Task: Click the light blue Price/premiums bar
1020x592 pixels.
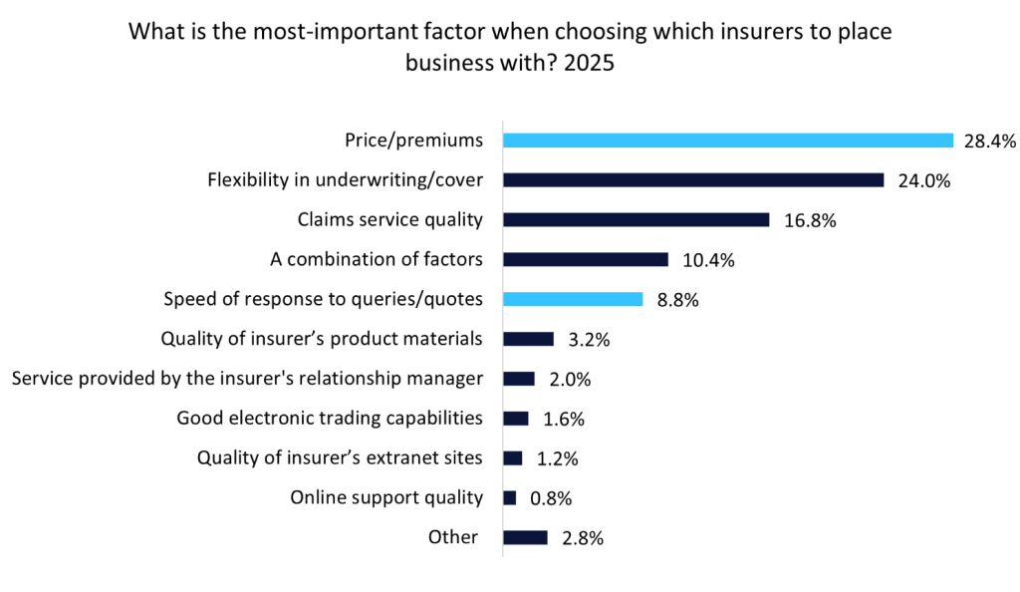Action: point(727,141)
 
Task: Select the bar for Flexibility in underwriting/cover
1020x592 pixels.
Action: point(693,180)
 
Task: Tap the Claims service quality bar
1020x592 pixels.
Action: point(636,220)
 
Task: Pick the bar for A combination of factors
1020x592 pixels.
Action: point(585,260)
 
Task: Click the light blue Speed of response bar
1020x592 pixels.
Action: point(573,299)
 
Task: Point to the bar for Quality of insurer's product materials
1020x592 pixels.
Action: point(528,339)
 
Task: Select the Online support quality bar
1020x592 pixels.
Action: point(510,497)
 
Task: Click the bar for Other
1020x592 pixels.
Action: point(525,537)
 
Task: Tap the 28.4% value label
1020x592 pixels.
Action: point(989,142)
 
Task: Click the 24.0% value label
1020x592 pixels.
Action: point(924,181)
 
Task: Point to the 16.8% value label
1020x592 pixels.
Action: point(809,221)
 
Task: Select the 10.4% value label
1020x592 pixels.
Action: point(707,261)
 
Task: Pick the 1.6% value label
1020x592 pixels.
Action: point(563,420)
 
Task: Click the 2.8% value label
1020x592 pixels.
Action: point(582,538)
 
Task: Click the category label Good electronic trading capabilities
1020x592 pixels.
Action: point(330,419)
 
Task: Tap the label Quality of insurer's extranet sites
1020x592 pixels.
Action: point(340,458)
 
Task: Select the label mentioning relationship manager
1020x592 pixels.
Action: point(247,379)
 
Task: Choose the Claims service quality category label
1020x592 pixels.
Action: point(390,220)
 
